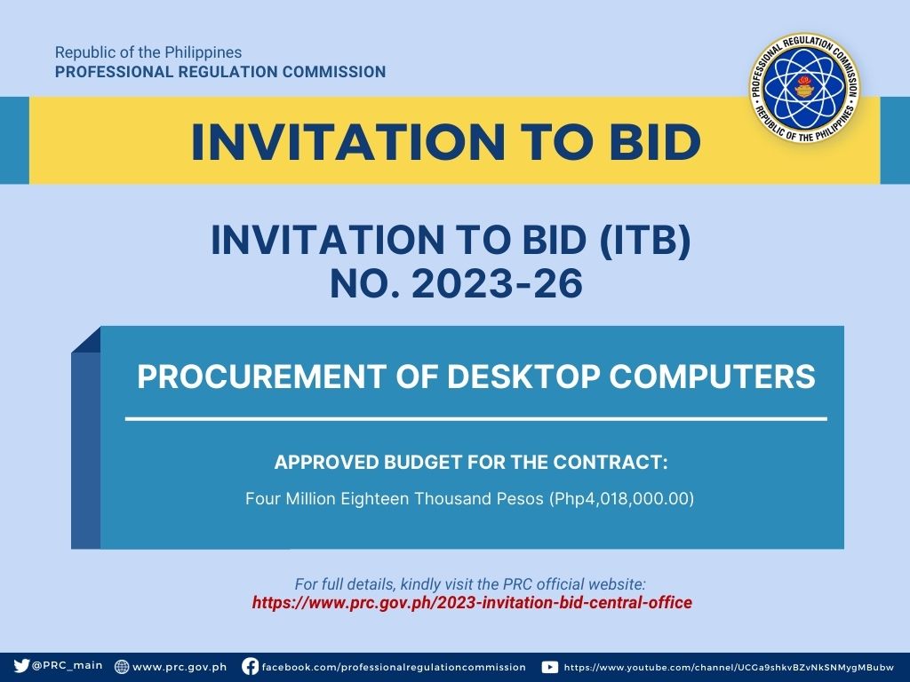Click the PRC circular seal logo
(x=804, y=89)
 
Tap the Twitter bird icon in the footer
(x=21, y=666)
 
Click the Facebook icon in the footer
(x=250, y=666)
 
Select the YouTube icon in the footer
(x=549, y=668)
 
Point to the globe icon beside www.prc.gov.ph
(x=122, y=666)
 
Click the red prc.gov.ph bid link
(x=472, y=603)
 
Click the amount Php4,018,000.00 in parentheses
(x=621, y=499)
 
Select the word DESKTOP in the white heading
(x=523, y=377)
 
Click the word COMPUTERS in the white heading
(x=712, y=377)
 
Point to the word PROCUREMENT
(x=262, y=377)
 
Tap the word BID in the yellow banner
(x=655, y=141)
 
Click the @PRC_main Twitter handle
(x=68, y=666)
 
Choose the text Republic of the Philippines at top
(x=148, y=52)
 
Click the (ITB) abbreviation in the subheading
(x=644, y=240)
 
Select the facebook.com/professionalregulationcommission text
(x=394, y=668)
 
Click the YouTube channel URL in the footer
(x=729, y=668)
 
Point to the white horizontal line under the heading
(x=476, y=418)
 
